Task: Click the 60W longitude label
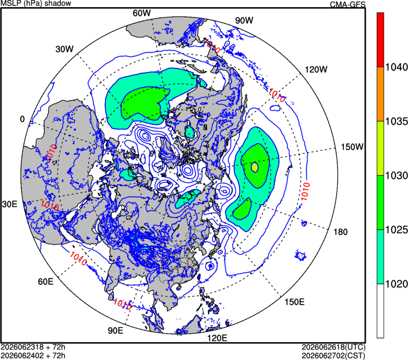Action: (x=141, y=13)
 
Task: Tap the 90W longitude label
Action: (x=244, y=20)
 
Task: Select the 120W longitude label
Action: (x=316, y=69)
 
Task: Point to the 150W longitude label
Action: (x=352, y=147)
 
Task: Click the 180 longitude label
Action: (x=340, y=232)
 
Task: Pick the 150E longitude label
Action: (x=294, y=302)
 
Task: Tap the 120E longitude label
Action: (x=217, y=338)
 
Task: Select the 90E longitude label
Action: (x=116, y=330)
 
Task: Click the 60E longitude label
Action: (x=46, y=281)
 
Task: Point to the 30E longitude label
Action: (x=9, y=204)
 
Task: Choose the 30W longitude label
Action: (x=64, y=49)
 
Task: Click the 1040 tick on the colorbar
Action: (x=396, y=67)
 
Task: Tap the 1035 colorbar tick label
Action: (x=396, y=122)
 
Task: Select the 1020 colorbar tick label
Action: (x=396, y=284)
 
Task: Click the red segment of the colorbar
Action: (x=380, y=40)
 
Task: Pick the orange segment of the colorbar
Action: (x=380, y=94)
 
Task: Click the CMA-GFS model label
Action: (x=348, y=4)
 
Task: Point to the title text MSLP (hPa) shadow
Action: (x=36, y=3)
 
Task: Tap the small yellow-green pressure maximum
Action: (x=255, y=167)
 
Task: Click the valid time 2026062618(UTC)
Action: (x=334, y=347)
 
